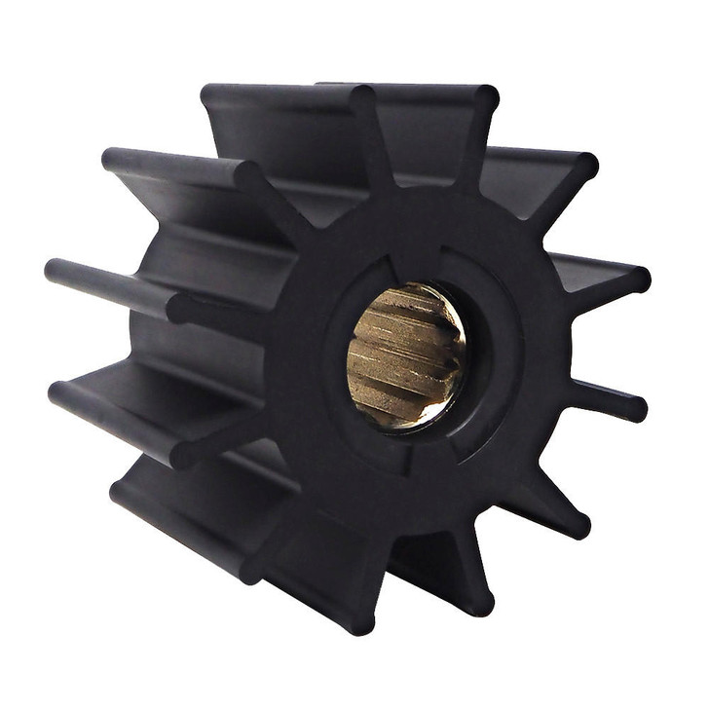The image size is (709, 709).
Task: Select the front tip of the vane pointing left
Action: coord(179,309)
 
